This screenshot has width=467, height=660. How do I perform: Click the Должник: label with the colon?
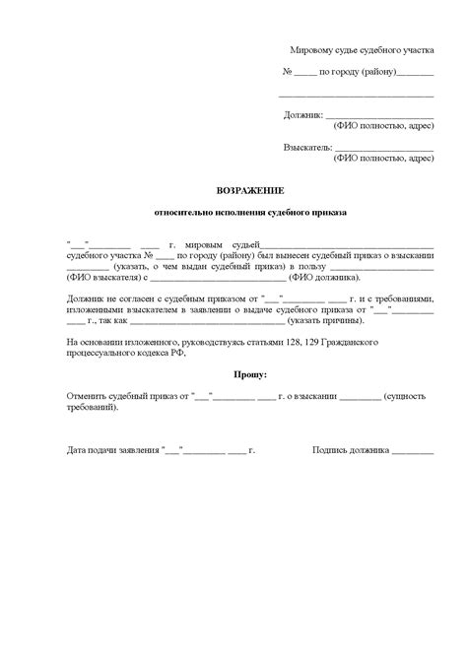[x=303, y=115]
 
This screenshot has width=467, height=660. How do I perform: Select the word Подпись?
[x=331, y=450]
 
